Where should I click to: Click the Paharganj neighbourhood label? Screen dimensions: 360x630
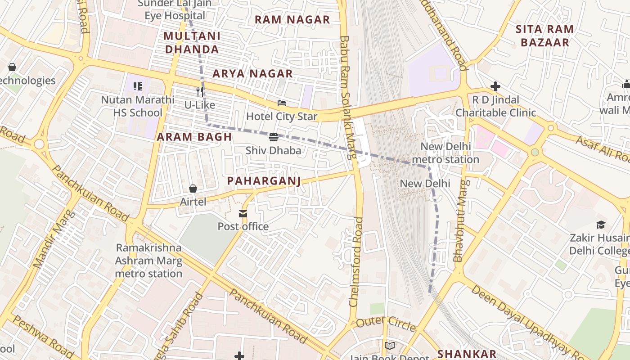click(x=263, y=181)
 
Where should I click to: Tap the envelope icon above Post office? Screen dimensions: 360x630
click(x=243, y=213)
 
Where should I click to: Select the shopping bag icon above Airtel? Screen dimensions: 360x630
click(x=193, y=189)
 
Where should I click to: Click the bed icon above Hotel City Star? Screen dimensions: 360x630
click(x=282, y=103)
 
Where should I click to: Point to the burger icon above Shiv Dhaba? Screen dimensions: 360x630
click(x=273, y=137)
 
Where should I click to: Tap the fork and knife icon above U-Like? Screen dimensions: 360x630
click(x=200, y=92)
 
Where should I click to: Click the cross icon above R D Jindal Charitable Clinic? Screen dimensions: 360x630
click(x=495, y=86)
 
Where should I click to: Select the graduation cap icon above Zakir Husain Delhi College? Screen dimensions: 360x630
click(x=601, y=225)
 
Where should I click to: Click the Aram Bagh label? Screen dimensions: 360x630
click(x=194, y=137)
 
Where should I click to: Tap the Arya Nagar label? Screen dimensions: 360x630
click(x=252, y=74)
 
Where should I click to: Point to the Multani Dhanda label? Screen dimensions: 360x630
click(x=192, y=43)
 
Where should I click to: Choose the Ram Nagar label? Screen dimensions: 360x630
click(x=292, y=20)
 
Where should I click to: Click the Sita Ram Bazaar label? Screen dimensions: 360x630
click(x=544, y=36)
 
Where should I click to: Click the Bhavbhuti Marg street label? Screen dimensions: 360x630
click(x=461, y=220)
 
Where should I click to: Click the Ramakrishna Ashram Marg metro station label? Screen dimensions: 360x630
click(x=148, y=261)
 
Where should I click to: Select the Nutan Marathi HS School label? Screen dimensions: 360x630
click(x=138, y=106)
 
